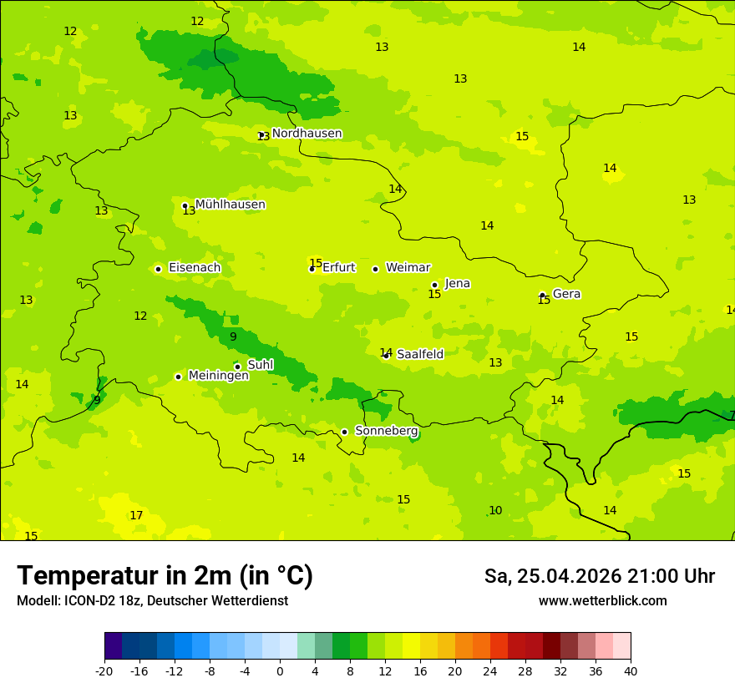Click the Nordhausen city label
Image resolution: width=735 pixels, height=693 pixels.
tap(307, 134)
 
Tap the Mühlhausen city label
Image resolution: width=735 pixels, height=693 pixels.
tap(230, 205)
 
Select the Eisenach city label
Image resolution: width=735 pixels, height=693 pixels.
tap(195, 268)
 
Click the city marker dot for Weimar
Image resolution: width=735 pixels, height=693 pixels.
tap(375, 269)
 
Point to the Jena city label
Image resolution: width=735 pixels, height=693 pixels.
tap(457, 284)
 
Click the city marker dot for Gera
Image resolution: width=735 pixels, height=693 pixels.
tap(542, 295)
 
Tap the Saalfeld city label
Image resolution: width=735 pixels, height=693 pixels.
tap(419, 355)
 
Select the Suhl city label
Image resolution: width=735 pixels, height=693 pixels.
tap(260, 365)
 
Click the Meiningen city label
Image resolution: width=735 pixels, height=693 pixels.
tap(218, 376)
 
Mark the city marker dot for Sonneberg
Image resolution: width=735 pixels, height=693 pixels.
tap(344, 432)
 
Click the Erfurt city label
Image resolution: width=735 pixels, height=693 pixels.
tap(338, 268)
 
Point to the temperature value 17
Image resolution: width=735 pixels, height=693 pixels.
tap(136, 516)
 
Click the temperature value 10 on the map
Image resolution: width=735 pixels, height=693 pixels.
tap(495, 511)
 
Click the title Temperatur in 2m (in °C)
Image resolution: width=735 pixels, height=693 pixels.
tap(165, 576)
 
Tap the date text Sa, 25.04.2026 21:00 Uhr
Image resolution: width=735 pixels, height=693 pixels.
tap(599, 576)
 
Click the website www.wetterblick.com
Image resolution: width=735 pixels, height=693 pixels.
tap(602, 601)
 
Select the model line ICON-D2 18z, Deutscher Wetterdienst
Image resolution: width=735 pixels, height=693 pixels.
tap(152, 601)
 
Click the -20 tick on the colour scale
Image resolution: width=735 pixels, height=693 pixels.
tap(104, 671)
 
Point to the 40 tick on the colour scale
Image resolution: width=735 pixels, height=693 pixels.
tap(630, 671)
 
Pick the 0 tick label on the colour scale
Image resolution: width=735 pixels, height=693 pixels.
tap(280, 671)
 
